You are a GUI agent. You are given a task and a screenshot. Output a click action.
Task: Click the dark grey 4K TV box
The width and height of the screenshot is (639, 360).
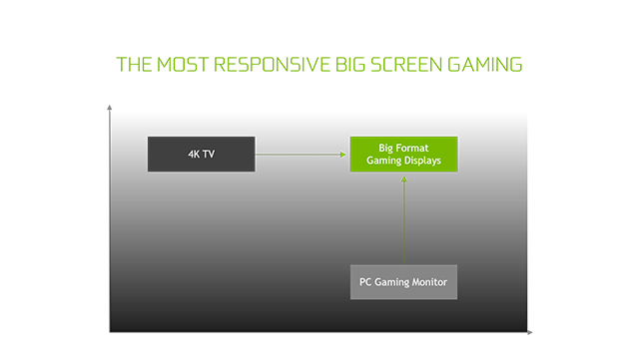[200, 154]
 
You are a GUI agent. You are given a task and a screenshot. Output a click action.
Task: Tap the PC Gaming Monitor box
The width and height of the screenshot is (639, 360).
[403, 282]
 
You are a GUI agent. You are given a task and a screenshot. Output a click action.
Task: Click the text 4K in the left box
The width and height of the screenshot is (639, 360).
[192, 154]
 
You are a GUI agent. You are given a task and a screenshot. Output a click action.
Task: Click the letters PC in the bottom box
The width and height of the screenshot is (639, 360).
[366, 282]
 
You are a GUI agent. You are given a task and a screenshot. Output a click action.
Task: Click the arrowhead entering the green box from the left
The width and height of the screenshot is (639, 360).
[344, 154]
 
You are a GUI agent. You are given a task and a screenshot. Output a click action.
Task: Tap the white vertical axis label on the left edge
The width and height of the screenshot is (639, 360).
[103, 214]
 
